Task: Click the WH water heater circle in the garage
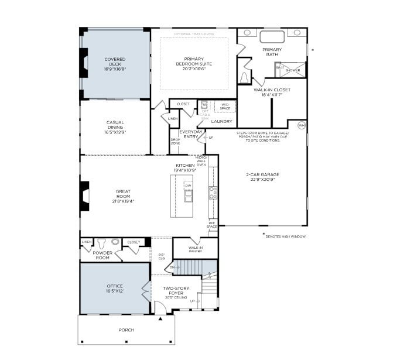302,125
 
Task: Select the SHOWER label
293,70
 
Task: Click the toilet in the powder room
101,242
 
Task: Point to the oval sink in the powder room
115,241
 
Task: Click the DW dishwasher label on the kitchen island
188,186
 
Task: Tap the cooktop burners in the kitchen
213,193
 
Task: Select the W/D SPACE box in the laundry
225,107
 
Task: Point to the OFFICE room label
115,286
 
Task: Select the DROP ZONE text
175,140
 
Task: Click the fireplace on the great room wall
85,196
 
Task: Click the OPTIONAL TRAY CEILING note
194,34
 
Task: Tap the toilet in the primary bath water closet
245,77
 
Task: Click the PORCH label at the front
126,330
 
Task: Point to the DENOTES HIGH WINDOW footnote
285,236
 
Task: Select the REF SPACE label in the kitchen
212,225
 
